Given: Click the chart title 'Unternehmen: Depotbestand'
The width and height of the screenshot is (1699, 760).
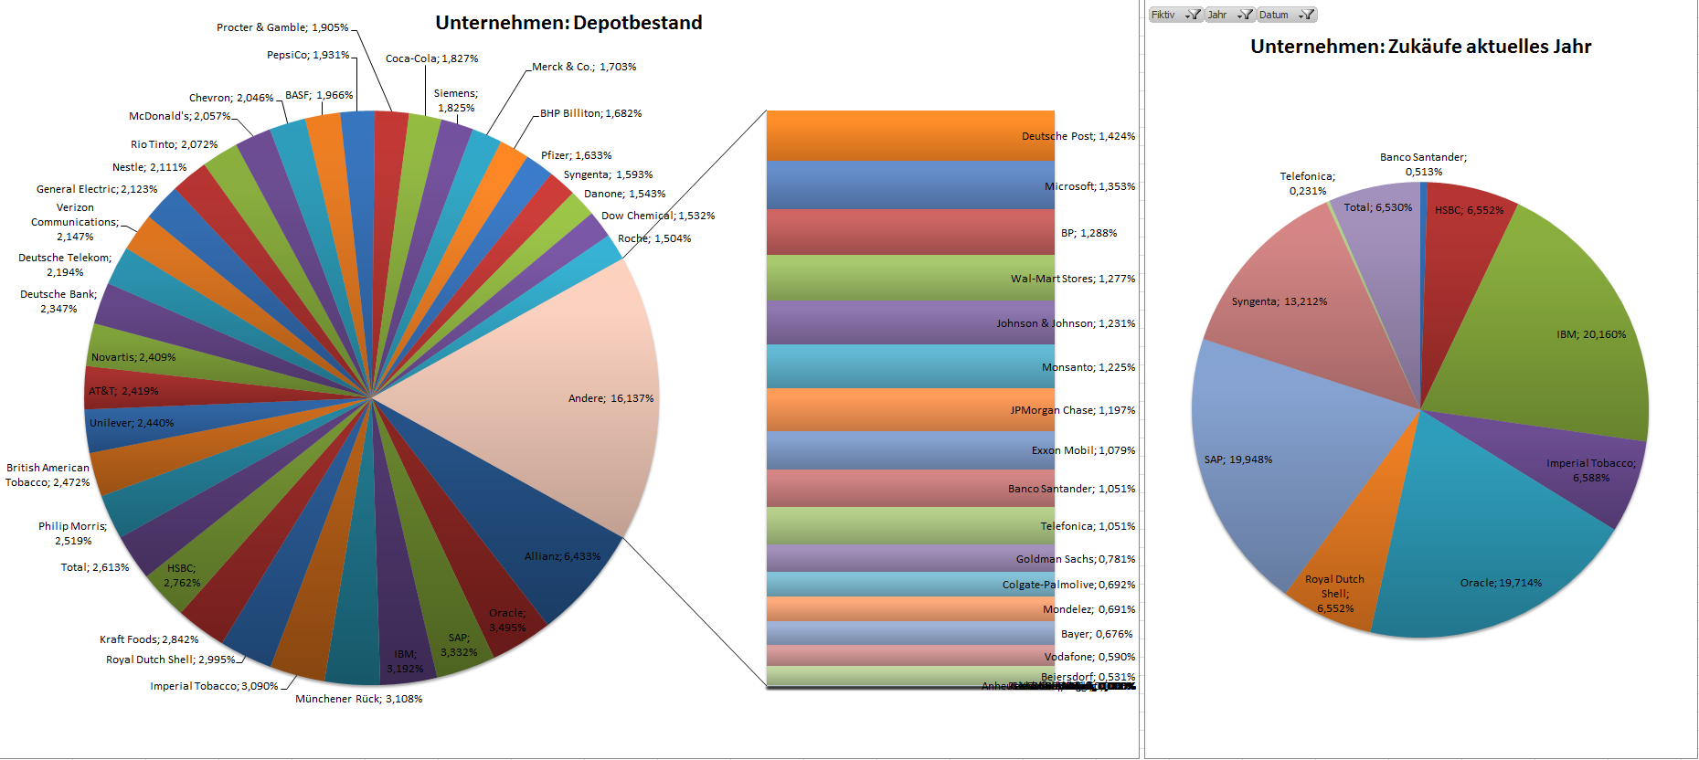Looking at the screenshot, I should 568,23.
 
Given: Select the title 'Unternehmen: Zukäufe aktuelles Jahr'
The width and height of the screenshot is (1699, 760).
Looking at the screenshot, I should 1420,47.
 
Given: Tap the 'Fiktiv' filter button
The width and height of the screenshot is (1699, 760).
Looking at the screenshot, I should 1174,15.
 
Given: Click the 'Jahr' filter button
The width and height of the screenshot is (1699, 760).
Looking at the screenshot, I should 1228,15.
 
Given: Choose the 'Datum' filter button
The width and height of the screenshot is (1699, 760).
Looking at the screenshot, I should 1285,15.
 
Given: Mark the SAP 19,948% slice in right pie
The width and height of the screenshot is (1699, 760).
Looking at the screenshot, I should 1280,457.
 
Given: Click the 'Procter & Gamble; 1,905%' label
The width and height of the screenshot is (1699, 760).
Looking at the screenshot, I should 282,27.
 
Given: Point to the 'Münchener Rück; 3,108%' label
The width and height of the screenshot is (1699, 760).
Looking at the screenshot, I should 358,699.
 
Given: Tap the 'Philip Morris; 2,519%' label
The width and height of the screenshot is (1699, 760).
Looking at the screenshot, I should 73,533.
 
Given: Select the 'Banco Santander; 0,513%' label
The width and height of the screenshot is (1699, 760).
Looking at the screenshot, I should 1423,164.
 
